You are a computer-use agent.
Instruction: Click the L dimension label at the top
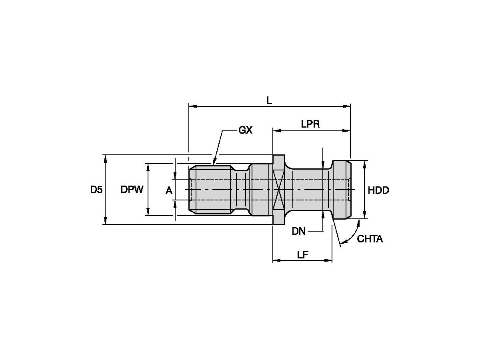click(269, 101)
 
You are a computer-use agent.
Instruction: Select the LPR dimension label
click(310, 124)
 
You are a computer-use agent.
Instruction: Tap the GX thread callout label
click(245, 130)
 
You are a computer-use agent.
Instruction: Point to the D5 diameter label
click(96, 190)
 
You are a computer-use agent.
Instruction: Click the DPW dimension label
click(132, 189)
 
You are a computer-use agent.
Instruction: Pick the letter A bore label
click(169, 191)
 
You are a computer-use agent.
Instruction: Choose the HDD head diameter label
click(378, 190)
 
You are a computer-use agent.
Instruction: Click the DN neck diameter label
click(298, 231)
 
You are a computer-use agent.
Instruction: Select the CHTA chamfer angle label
click(370, 239)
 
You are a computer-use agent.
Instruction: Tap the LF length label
click(302, 255)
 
